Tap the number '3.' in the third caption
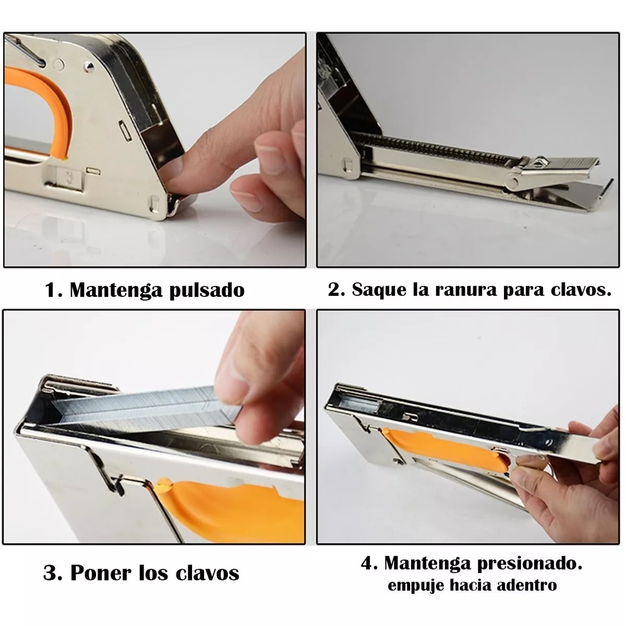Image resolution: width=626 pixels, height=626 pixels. click(53, 573)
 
